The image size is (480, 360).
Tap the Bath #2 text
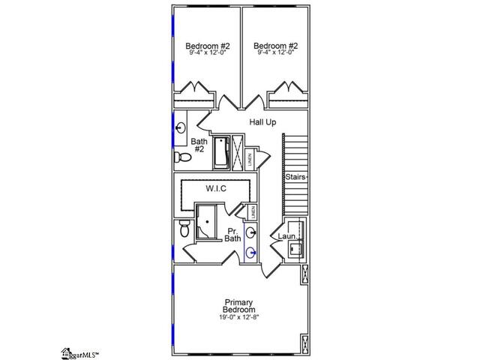[x=199, y=145]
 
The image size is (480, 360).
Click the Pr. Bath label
[x=232, y=234]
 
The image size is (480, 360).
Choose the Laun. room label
[x=286, y=237]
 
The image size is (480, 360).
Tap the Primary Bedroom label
[x=239, y=305]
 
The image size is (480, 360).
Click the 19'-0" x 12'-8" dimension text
[x=239, y=318]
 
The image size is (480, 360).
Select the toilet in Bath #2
[x=181, y=158]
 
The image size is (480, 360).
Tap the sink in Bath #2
[x=179, y=128]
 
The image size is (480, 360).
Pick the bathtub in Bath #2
[x=222, y=152]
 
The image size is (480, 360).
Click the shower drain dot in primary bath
[x=206, y=222]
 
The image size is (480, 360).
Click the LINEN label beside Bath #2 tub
[x=248, y=159]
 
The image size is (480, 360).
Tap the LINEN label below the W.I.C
[x=253, y=212]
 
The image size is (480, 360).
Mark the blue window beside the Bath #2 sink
[x=173, y=127]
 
